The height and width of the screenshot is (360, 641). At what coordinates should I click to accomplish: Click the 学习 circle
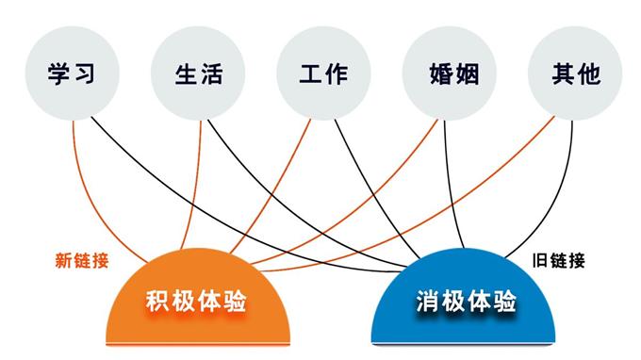[73, 74]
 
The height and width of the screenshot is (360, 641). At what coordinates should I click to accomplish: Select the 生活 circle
[198, 74]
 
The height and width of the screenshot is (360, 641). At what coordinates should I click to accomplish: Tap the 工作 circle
[323, 74]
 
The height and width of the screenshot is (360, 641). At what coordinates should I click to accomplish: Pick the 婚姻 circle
[449, 74]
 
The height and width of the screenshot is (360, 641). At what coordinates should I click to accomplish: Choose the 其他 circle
[575, 74]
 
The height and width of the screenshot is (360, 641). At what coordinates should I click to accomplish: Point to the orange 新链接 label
[81, 260]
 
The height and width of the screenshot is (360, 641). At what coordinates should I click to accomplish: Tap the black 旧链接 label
[558, 260]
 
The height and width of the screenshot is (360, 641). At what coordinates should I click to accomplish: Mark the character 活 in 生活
[212, 74]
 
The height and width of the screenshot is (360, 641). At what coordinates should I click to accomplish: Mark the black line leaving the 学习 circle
[151, 160]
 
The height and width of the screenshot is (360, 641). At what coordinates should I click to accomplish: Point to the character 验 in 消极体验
[505, 302]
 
